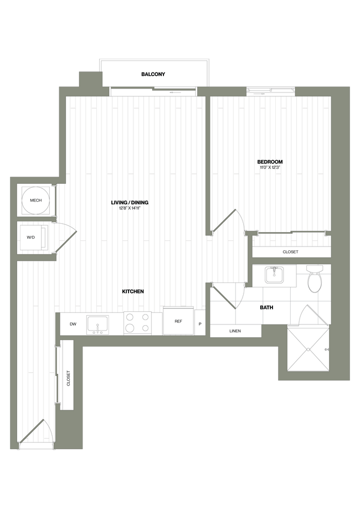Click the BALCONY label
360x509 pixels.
[153, 74]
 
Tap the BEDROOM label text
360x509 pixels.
[270, 162]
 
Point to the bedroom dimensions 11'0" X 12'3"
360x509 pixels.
[270, 168]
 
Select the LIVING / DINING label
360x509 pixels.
[129, 203]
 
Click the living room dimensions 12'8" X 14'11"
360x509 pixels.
[129, 209]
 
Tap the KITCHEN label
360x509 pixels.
[133, 291]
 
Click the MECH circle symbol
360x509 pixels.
[36, 199]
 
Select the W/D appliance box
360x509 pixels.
[32, 238]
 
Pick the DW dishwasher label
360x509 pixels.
[73, 324]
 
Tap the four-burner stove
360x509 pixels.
[137, 323]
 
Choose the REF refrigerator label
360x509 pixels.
[178, 321]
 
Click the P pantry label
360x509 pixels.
[200, 323]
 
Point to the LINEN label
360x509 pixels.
[235, 331]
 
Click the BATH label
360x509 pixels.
[267, 307]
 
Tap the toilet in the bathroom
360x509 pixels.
[314, 279]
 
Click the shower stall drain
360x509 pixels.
[307, 351]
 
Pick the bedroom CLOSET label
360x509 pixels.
[290, 252]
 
